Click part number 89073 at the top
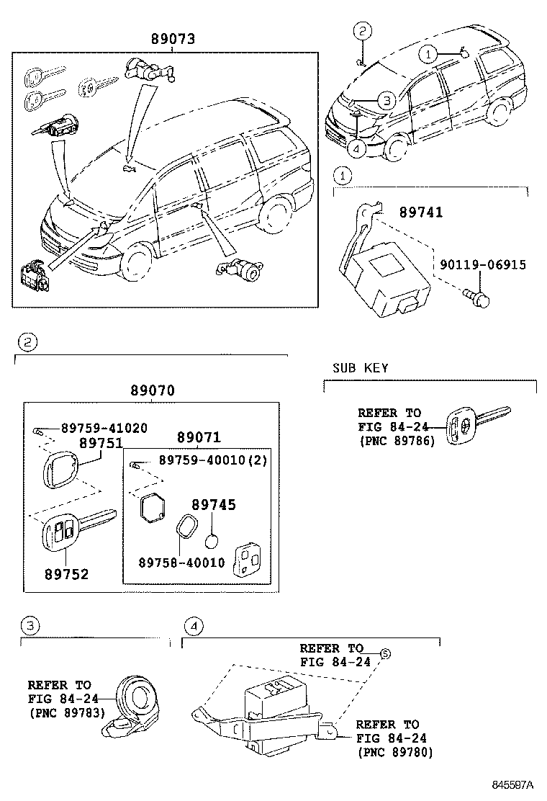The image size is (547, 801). tap(172, 39)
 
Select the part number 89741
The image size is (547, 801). tap(421, 212)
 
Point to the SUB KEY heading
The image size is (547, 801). tap(360, 368)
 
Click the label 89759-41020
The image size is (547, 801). tap(104, 429)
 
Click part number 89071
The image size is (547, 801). tap(199, 438)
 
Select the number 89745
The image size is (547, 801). tap(214, 506)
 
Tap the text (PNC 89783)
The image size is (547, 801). tap(67, 713)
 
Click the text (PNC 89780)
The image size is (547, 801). tap(395, 753)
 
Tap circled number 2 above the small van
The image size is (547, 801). tap(363, 30)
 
